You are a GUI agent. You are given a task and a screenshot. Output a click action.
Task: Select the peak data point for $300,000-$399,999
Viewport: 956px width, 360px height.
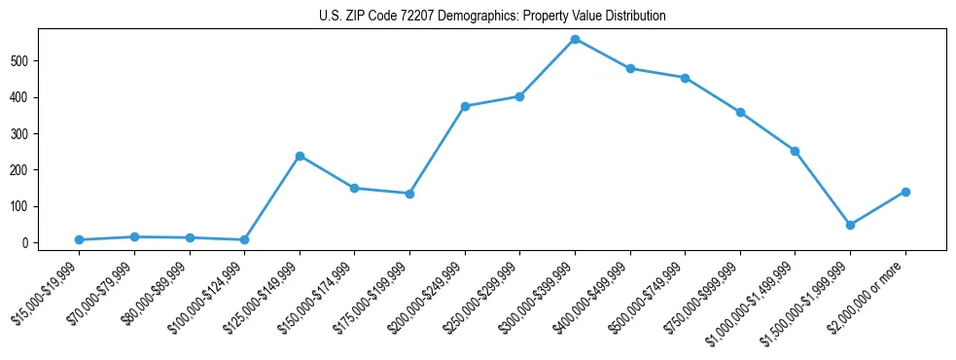(575, 39)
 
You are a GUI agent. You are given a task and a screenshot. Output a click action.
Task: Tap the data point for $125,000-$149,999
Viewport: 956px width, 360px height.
(300, 156)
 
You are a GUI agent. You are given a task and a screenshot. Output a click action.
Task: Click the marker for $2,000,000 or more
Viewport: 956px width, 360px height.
(905, 192)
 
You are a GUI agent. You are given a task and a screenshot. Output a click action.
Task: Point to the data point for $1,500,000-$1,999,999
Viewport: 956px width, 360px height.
(850, 225)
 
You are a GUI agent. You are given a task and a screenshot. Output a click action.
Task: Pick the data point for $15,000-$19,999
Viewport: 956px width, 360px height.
(79, 239)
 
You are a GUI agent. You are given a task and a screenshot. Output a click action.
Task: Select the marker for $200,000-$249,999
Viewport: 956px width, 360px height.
(465, 106)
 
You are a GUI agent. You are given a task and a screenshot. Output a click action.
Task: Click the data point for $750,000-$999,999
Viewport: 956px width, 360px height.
(740, 112)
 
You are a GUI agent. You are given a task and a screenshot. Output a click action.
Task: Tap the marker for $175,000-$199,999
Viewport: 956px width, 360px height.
(409, 194)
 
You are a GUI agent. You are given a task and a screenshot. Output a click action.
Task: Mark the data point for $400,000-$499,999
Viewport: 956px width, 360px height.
(630, 68)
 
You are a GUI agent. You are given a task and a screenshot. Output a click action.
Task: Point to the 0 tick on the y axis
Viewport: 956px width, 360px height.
(36, 242)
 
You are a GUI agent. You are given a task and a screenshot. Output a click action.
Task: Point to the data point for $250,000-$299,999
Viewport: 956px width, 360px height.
(519, 96)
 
